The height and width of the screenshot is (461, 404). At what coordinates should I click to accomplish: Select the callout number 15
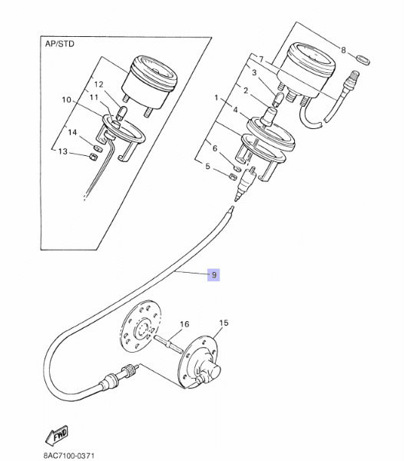pyautogui.click(x=224, y=323)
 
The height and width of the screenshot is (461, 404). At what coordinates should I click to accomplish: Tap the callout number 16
pyautogui.click(x=184, y=325)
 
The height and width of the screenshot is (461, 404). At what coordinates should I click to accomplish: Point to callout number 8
pyautogui.click(x=343, y=51)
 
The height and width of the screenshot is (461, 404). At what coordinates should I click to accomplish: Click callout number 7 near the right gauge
pyautogui.click(x=260, y=59)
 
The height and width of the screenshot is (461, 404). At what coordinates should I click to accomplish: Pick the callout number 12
pyautogui.click(x=98, y=85)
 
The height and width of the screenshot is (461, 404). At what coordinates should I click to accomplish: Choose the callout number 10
pyautogui.click(x=65, y=100)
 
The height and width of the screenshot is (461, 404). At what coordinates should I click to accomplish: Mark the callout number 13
pyautogui.click(x=63, y=151)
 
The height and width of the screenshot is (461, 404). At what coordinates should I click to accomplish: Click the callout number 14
pyautogui.click(x=71, y=133)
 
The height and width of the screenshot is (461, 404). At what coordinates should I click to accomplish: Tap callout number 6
pyautogui.click(x=215, y=148)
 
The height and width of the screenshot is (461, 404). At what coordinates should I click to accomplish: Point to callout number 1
pyautogui.click(x=217, y=98)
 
